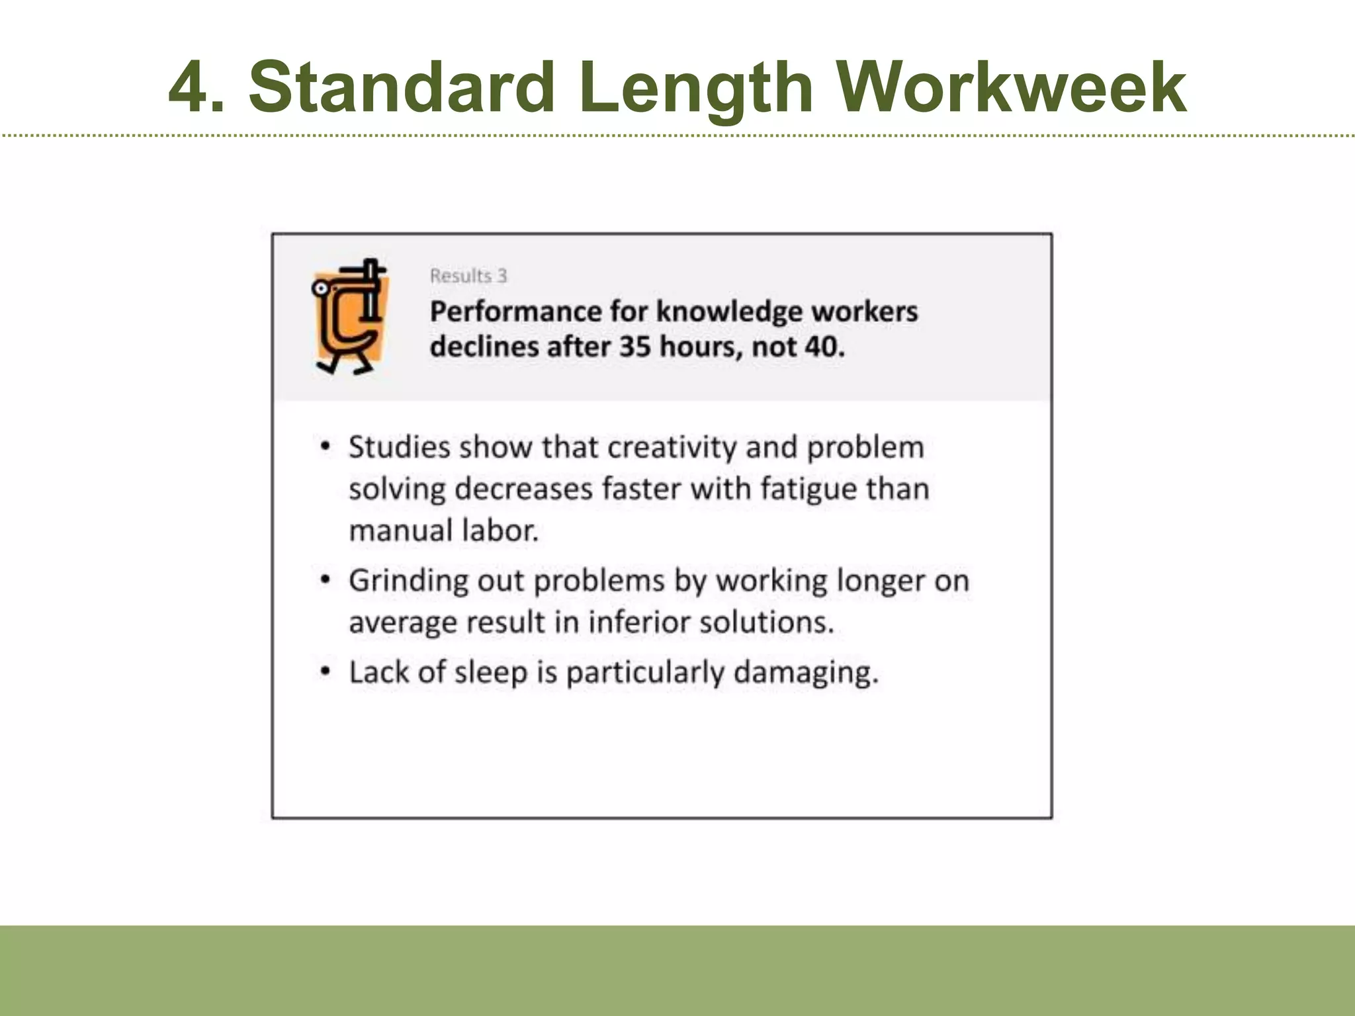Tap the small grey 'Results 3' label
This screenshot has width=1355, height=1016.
pos(468,276)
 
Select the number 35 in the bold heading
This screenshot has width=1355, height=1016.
pos(634,347)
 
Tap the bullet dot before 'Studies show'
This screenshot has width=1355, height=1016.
pos(325,446)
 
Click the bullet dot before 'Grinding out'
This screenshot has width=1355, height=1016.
pos(325,580)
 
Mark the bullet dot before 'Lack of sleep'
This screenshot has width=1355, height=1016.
pos(325,671)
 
